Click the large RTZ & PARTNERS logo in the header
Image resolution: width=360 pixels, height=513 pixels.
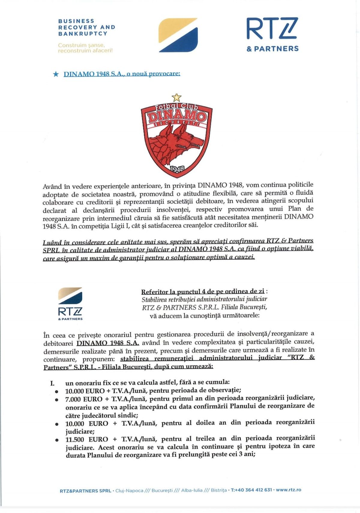(x=272, y=34)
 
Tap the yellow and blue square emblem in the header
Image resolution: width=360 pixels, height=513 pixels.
(x=178, y=35)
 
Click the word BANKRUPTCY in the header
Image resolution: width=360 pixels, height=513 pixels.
(x=83, y=34)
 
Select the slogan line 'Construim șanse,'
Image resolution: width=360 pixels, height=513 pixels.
(x=81, y=45)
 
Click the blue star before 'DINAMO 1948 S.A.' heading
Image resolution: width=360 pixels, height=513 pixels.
(x=56, y=74)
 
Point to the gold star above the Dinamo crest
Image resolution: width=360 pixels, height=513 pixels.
(x=177, y=97)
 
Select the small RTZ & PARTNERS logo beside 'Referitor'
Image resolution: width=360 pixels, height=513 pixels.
(x=70, y=304)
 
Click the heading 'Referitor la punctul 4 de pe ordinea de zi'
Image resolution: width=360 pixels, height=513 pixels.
(x=203, y=291)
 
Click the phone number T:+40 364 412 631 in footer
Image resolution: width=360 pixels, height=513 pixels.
(x=251, y=490)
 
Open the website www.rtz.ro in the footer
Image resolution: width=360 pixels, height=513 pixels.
(x=288, y=490)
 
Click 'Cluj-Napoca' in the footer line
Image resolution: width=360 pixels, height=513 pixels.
(x=129, y=491)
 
